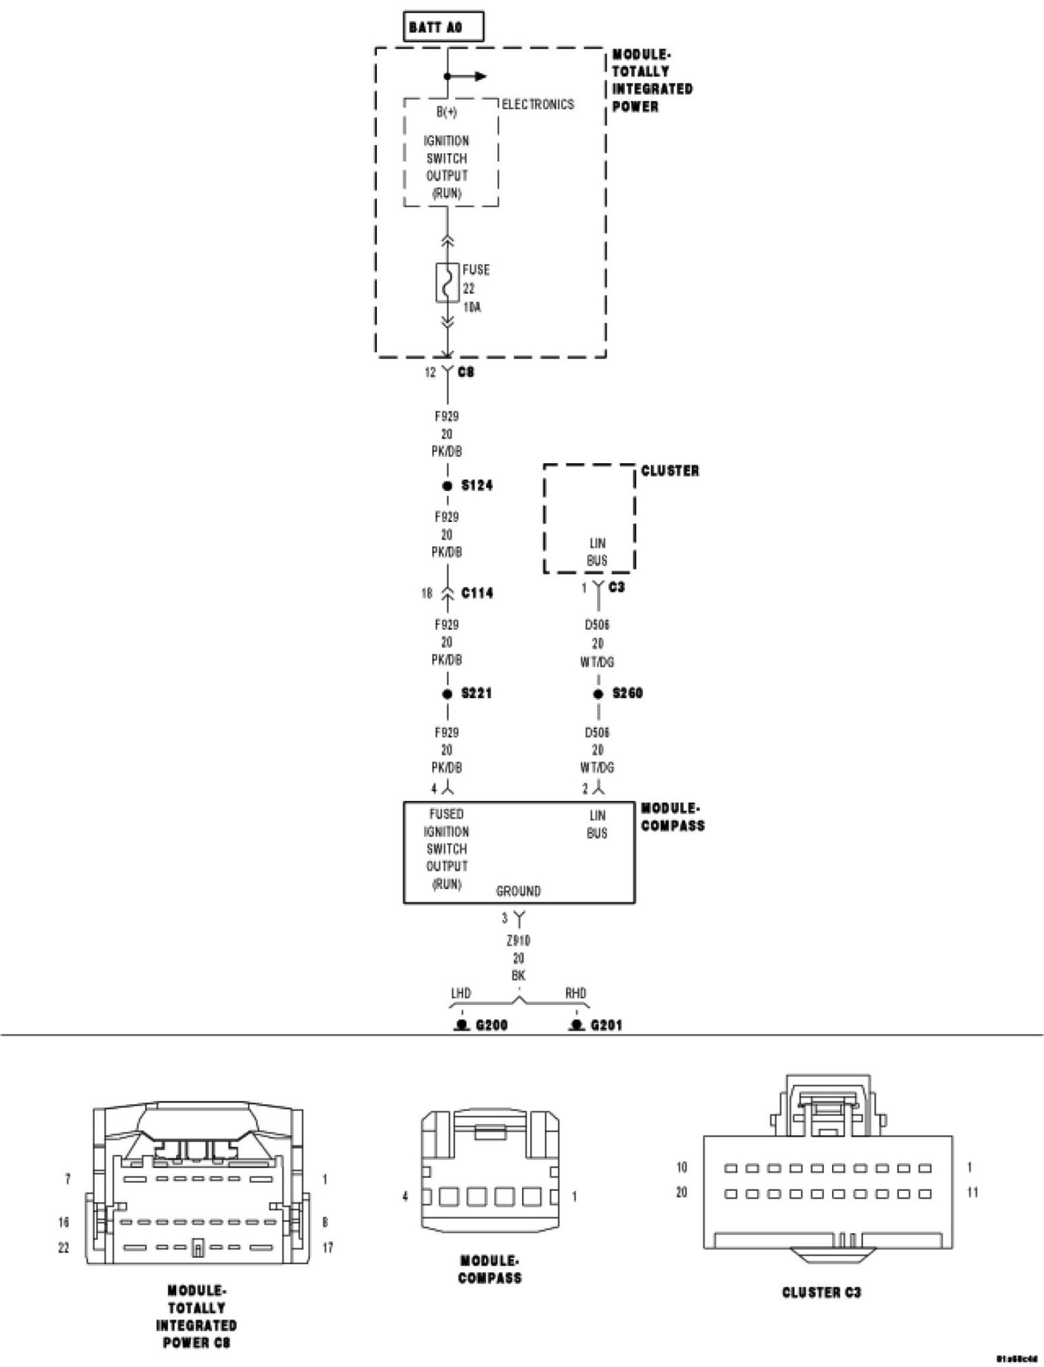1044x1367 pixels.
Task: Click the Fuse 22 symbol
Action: click(x=447, y=282)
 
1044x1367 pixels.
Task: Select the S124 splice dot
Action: click(x=447, y=486)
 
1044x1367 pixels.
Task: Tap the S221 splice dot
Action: click(x=447, y=694)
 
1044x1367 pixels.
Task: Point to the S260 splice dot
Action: click(x=599, y=694)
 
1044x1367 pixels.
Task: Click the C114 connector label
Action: click(x=477, y=593)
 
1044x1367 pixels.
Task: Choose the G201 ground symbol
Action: click(x=575, y=1025)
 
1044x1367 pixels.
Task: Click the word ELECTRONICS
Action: click(x=538, y=105)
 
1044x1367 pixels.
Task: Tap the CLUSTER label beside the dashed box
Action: click(x=670, y=471)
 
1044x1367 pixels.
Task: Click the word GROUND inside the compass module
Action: click(x=519, y=891)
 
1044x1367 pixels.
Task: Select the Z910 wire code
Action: click(x=519, y=940)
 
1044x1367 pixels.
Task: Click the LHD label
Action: click(x=461, y=993)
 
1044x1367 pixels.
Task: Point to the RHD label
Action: click(x=575, y=993)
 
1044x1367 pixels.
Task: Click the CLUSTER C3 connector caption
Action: click(x=822, y=1292)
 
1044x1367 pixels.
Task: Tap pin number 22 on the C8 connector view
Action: click(x=64, y=1248)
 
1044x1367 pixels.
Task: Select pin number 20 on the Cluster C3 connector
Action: click(x=681, y=1192)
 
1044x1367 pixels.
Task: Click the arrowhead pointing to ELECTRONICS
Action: click(x=481, y=77)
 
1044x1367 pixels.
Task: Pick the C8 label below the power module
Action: click(x=466, y=372)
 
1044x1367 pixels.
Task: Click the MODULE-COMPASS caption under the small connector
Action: click(x=490, y=1269)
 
